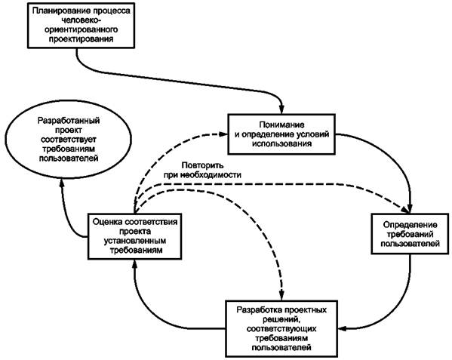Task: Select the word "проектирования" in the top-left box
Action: (81, 39)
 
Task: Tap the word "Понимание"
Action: (281, 125)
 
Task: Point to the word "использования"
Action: (282, 143)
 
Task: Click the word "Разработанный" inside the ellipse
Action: (69, 121)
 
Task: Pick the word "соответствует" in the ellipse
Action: (69, 140)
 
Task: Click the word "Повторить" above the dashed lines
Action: (203, 165)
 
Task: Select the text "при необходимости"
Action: (203, 175)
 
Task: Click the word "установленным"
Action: (135, 241)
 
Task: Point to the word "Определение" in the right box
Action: (410, 225)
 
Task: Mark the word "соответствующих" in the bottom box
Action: (281, 328)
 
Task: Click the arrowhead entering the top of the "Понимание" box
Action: (281, 109)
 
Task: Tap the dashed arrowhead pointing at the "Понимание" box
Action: (223, 134)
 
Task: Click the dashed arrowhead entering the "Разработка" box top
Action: (281, 296)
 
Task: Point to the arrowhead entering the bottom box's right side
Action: (343, 328)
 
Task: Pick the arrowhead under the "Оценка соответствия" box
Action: (134, 264)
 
